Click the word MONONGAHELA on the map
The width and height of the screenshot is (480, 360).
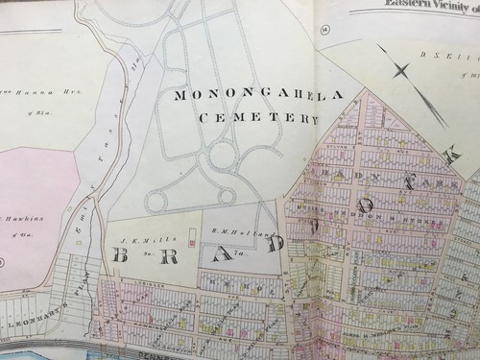point(246,96)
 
